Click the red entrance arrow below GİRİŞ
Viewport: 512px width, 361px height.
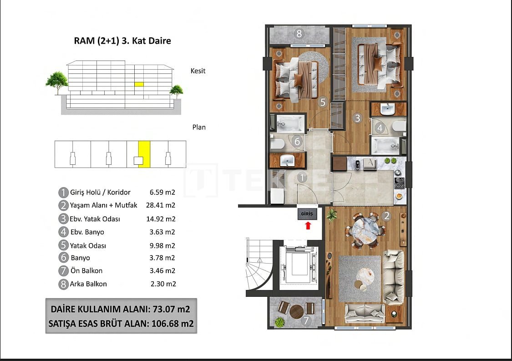pyautogui.click(x=308, y=225)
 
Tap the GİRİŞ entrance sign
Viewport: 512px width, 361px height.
pyautogui.click(x=307, y=214)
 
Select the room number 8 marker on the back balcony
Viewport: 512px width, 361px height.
pyautogui.click(x=299, y=33)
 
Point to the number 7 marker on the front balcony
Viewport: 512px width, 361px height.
pyautogui.click(x=306, y=320)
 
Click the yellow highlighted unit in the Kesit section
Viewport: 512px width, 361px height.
pyautogui.click(x=139, y=84)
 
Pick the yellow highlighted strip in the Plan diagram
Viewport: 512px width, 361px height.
pyautogui.click(x=144, y=154)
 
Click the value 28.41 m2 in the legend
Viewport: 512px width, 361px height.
pyautogui.click(x=161, y=205)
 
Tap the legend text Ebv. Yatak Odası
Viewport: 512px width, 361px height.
pyautogui.click(x=95, y=219)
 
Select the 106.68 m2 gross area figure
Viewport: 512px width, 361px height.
pyautogui.click(x=172, y=323)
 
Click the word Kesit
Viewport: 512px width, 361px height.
pyautogui.click(x=198, y=71)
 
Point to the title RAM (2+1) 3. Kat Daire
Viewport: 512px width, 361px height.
pyautogui.click(x=122, y=41)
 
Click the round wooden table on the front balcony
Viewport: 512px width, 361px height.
pyautogui.click(x=297, y=311)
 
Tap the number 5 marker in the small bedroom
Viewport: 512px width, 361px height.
pyautogui.click(x=323, y=102)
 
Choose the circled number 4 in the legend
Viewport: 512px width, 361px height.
pyautogui.click(x=63, y=232)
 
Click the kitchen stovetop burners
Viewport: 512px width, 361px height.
pyautogui.click(x=399, y=183)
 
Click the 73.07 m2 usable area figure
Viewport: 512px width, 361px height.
pyautogui.click(x=171, y=309)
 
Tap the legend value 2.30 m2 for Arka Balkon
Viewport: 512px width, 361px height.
pyautogui.click(x=163, y=284)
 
